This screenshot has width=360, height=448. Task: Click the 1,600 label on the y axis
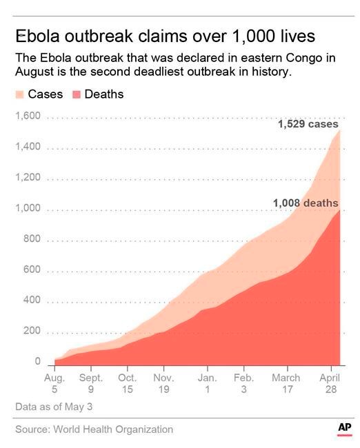pyautogui.click(x=28, y=116)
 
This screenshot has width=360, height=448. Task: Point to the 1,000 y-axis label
pyautogui.click(x=28, y=207)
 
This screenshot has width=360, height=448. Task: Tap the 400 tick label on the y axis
pyautogui.click(x=32, y=300)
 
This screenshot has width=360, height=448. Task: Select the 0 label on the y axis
pyautogui.click(x=38, y=361)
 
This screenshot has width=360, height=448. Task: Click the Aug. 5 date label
pyautogui.click(x=54, y=383)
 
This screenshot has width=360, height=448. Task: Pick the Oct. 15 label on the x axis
pyautogui.click(x=128, y=383)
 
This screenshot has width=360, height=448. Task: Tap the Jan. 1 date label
pyautogui.click(x=208, y=383)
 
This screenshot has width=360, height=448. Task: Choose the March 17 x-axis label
pyautogui.click(x=286, y=383)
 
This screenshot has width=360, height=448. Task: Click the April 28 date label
pyautogui.click(x=330, y=383)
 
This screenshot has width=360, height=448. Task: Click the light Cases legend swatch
pyautogui.click(x=19, y=94)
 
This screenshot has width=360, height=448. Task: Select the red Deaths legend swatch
pyautogui.click(x=77, y=94)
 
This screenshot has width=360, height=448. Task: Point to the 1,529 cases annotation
pyautogui.click(x=308, y=124)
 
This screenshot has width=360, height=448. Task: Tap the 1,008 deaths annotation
pyautogui.click(x=306, y=203)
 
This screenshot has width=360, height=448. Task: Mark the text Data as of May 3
pyautogui.click(x=54, y=407)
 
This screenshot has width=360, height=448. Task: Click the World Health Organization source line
pyautogui.click(x=113, y=429)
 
